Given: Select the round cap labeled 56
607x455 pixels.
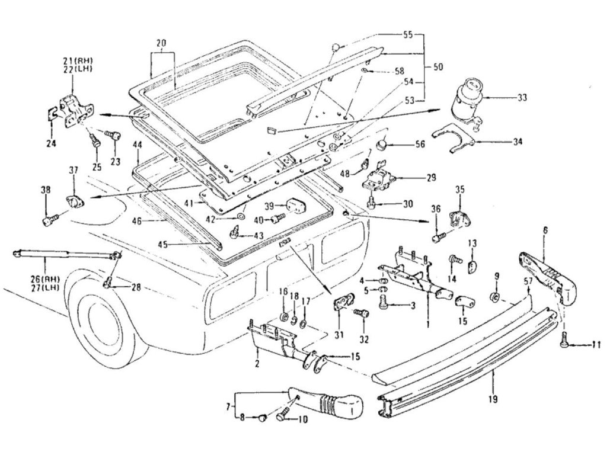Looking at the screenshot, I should point(383,143).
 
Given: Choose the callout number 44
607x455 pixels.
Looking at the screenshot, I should point(137,145).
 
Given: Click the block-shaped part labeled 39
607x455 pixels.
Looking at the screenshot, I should point(294,207).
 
